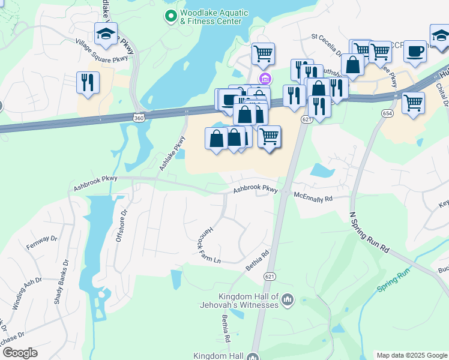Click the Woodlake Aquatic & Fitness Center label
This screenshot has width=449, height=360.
[212, 17]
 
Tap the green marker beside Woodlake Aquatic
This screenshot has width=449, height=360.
[171, 17]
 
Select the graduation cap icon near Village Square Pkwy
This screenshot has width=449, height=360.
[106, 35]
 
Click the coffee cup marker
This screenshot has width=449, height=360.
[415, 52]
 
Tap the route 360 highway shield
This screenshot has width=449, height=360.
[139, 118]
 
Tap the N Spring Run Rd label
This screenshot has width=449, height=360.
[369, 231]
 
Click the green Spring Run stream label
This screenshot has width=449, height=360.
[393, 280]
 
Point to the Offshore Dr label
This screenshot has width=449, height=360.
[121, 225]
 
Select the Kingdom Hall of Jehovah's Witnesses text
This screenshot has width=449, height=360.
[249, 301]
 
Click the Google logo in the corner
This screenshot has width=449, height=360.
[20, 353]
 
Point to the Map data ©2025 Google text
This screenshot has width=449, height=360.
[411, 355]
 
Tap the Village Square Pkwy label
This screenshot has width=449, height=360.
[101, 51]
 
